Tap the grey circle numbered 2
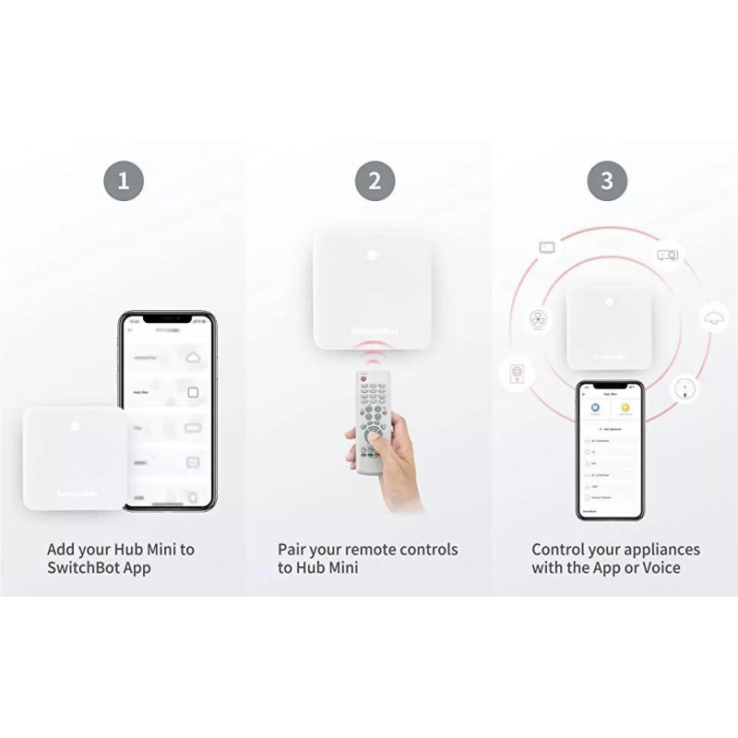pos(374,180)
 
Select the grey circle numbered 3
pos(606,180)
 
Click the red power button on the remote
pos(363,378)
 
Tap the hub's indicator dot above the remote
pos(374,256)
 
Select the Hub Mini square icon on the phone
pos(193,392)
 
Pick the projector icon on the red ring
pos(667,254)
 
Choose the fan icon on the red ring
pos(537,317)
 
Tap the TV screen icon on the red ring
pos(546,247)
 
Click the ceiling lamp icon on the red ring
pos(710,317)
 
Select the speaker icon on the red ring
pos(517,374)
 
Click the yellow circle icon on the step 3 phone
pos(625,406)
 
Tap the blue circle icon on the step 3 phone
pos(595,406)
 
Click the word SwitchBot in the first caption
pos(85,568)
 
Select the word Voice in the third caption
pos(661,568)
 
